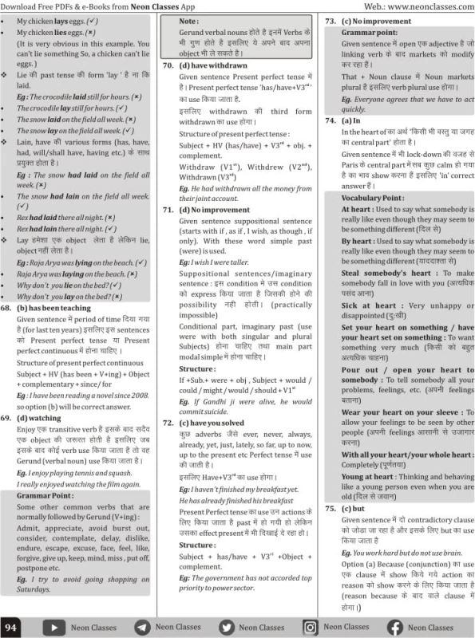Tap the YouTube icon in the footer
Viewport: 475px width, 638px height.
click(x=55, y=627)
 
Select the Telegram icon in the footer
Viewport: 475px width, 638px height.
click(x=141, y=627)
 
